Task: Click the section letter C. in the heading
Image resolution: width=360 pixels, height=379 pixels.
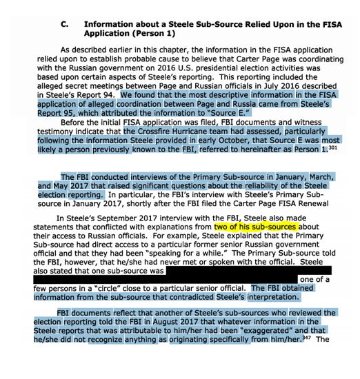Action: [64, 23]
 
